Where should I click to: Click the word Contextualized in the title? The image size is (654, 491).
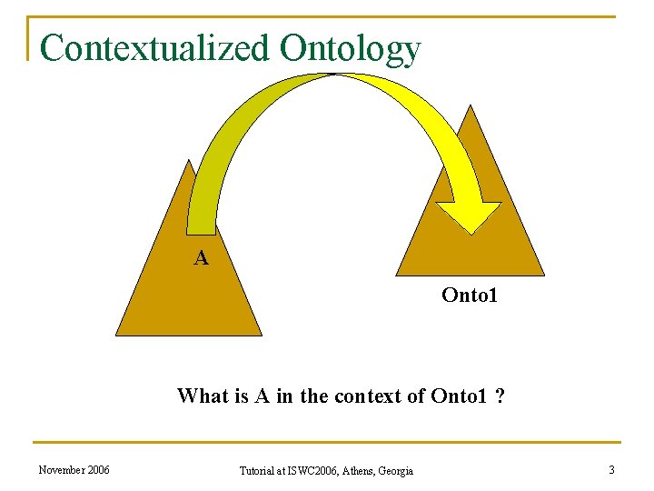pos(155,48)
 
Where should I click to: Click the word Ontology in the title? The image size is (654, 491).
pos(351,49)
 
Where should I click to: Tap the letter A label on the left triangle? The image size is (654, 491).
pos(201,258)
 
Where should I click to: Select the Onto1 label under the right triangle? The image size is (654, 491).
pos(470,295)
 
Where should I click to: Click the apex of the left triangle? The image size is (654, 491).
pos(188,161)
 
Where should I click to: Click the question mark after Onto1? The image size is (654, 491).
pos(500,396)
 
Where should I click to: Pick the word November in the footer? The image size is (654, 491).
pos(63,470)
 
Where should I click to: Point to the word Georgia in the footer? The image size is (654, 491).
pos(398,471)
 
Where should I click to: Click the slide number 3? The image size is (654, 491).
pos(610,470)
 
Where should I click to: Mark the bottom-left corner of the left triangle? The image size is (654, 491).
pos(116,335)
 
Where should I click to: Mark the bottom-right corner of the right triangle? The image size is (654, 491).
pos(544,275)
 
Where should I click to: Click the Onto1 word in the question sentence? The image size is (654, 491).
pos(461,396)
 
